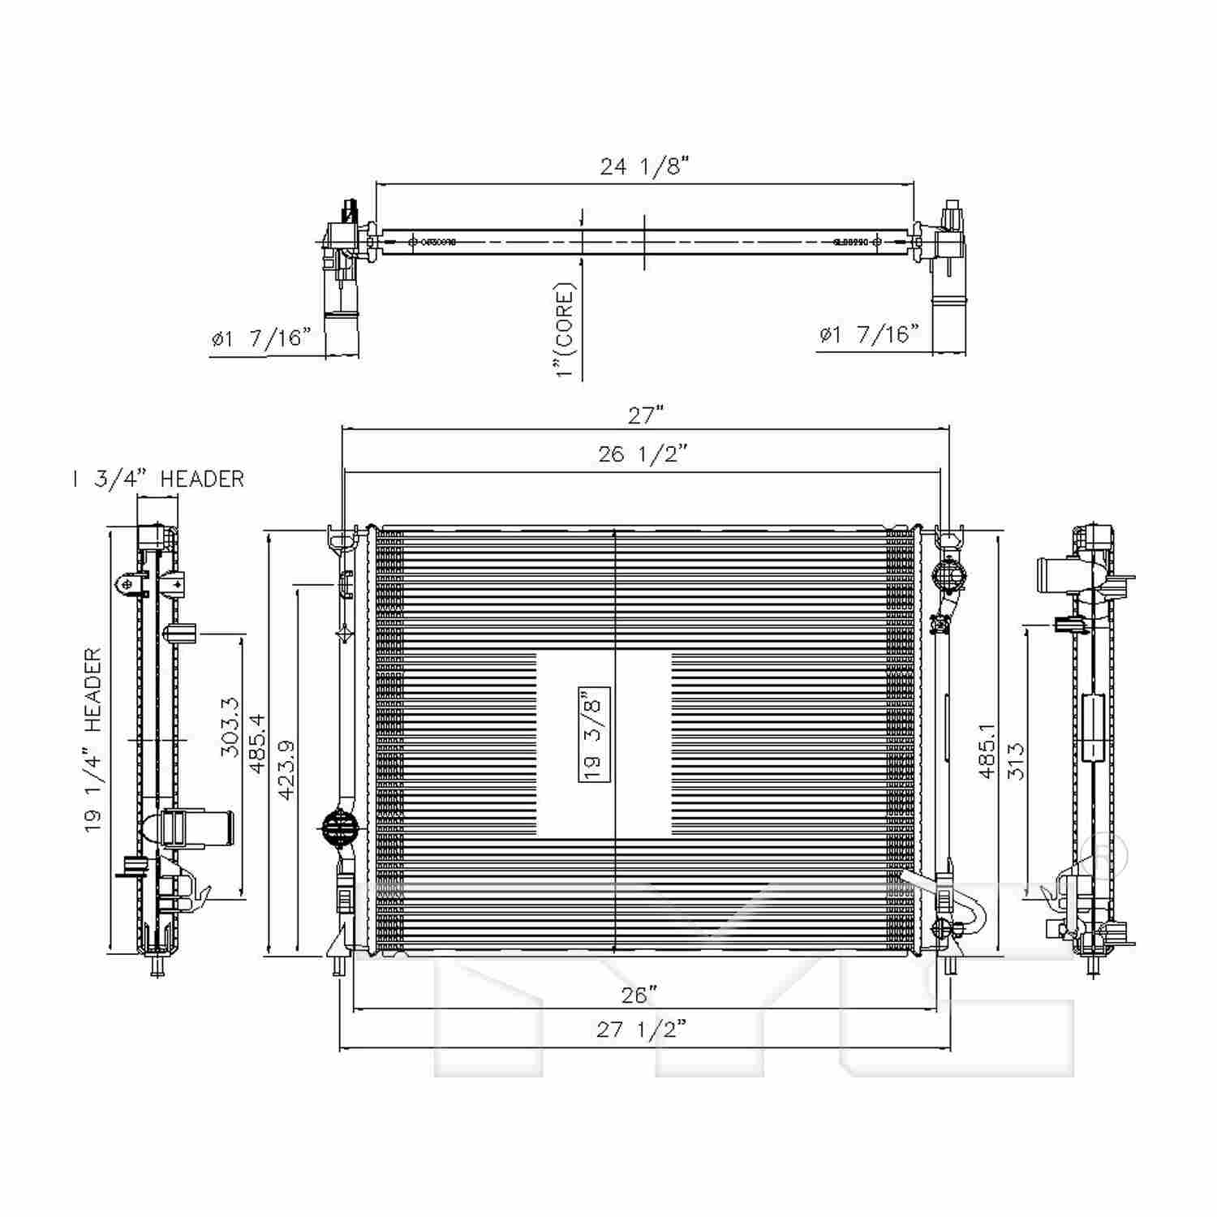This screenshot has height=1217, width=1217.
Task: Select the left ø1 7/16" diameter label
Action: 261,338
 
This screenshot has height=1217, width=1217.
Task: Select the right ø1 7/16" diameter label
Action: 869,334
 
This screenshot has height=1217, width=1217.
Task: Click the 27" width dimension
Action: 646,415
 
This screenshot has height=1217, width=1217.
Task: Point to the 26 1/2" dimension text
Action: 643,454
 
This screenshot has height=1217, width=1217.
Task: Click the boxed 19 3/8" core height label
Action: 594,733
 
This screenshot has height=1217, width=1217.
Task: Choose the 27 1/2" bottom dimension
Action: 641,1030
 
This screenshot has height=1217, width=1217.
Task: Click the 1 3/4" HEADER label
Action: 158,479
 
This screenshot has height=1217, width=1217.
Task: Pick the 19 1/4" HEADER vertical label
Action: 93,740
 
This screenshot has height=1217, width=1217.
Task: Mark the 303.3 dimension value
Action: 230,727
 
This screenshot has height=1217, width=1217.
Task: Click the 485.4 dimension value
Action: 257,743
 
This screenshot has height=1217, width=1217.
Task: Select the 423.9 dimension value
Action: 286,769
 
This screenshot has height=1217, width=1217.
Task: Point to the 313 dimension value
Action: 1016,761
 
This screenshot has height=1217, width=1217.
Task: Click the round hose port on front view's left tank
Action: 340,828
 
